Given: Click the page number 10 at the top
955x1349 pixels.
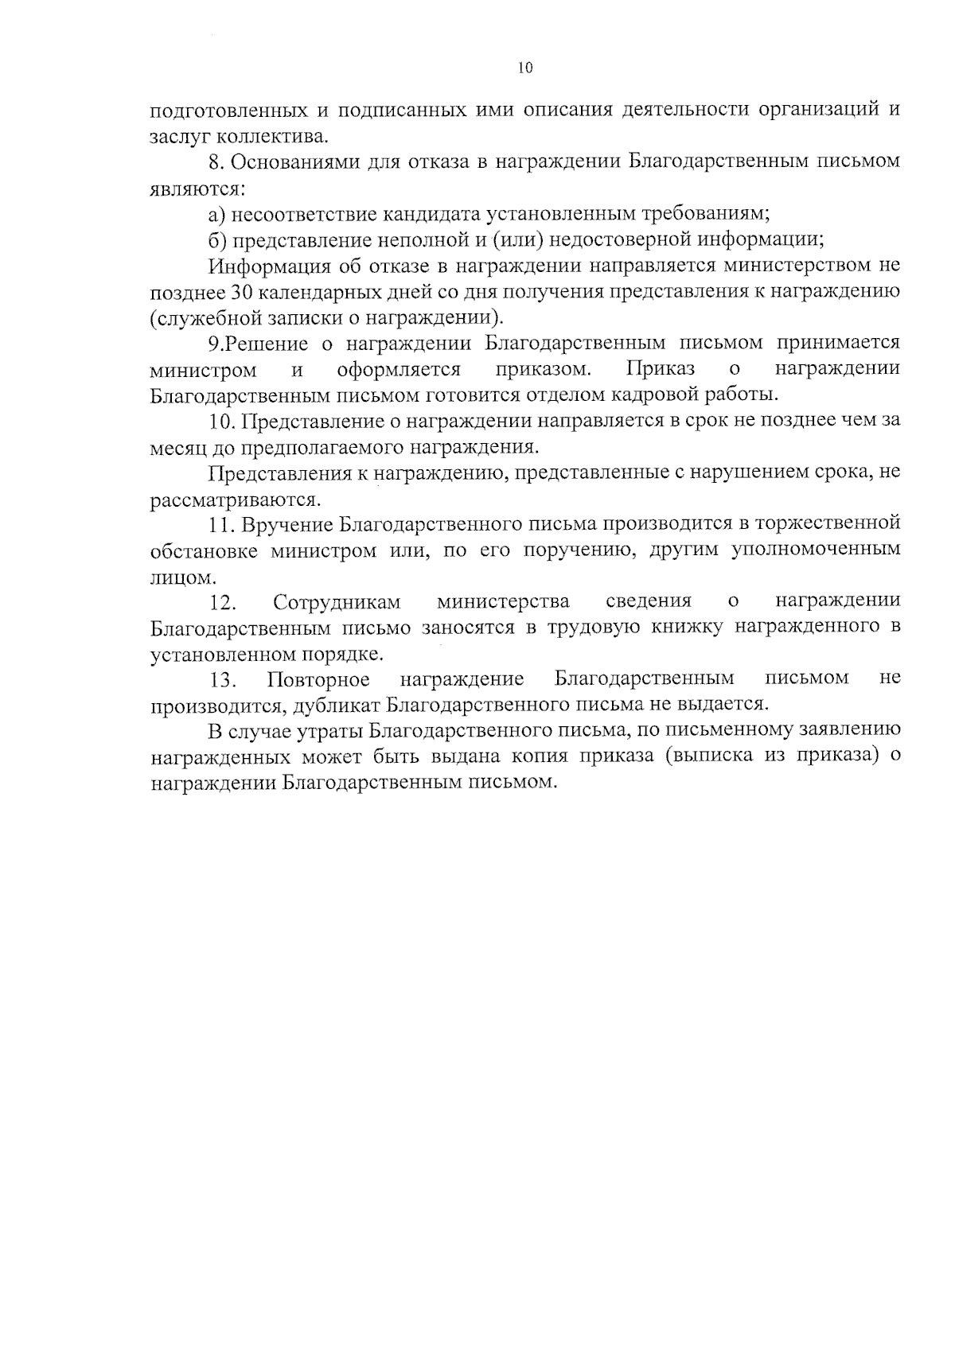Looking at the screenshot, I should [x=525, y=68].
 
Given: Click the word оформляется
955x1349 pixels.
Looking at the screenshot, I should [x=399, y=369].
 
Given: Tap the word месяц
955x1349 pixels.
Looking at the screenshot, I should [x=177, y=447].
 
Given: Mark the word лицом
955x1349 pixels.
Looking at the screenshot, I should [x=172, y=577].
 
